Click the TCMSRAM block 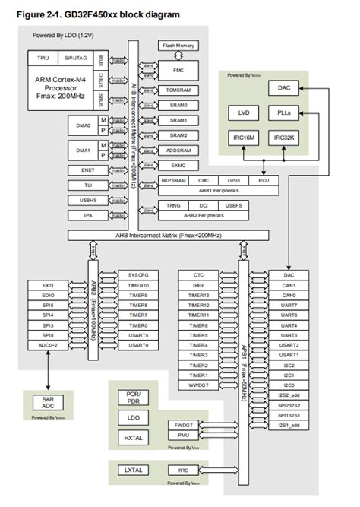[x=178, y=90]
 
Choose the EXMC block [x=178, y=165]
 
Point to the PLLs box [x=283, y=112]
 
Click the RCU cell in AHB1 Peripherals [x=264, y=181]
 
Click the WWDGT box [x=198, y=385]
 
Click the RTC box [x=184, y=471]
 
